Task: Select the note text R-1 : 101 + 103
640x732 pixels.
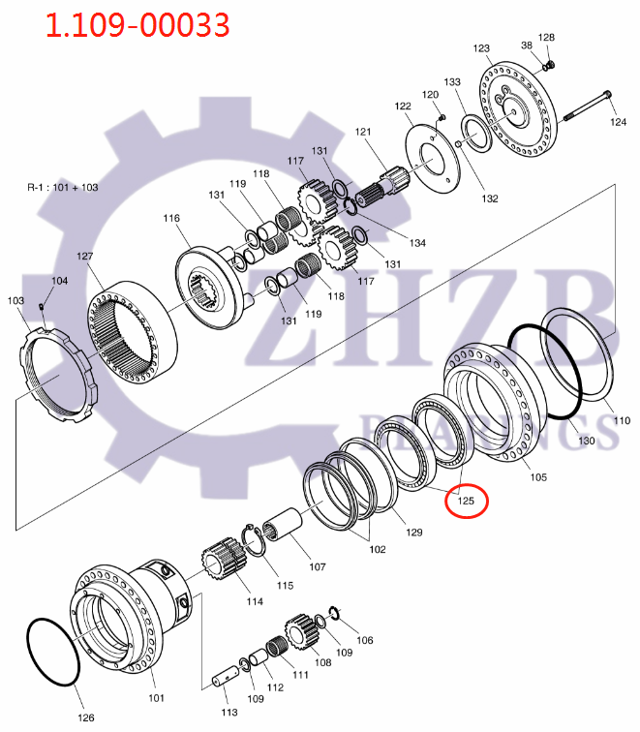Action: tap(62, 187)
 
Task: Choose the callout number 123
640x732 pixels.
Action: tap(481, 47)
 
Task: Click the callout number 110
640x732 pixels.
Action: tap(621, 421)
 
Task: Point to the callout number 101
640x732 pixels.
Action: tap(156, 697)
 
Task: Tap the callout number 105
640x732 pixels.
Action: tap(537, 477)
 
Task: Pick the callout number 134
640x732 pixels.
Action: tap(416, 242)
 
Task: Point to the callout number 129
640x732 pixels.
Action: tap(414, 532)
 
